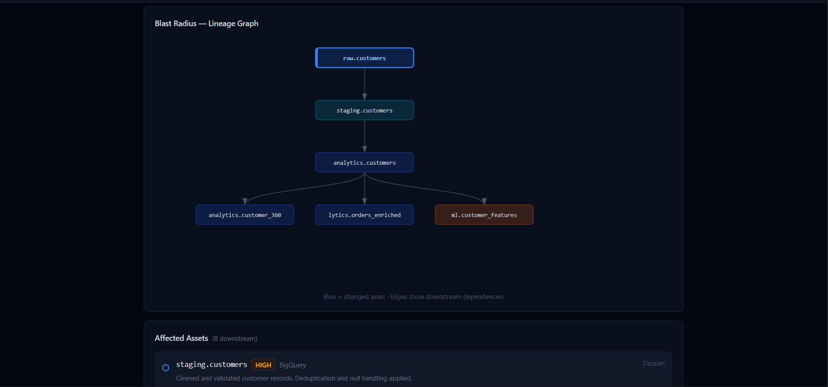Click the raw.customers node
click(364, 58)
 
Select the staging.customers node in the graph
click(364, 110)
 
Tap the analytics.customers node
click(364, 163)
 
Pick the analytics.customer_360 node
click(245, 215)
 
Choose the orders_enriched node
click(364, 215)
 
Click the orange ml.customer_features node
click(484, 215)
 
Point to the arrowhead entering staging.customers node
click(364, 97)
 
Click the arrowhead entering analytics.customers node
click(364, 149)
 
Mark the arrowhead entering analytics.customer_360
click(245, 201)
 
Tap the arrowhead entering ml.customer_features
click(484, 201)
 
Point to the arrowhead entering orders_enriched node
click(364, 201)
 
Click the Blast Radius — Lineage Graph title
click(206, 24)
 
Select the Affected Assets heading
click(182, 338)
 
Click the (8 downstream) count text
click(235, 339)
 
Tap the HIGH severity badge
click(263, 365)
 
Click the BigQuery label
click(293, 365)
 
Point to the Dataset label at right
click(654, 363)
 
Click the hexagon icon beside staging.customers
click(165, 368)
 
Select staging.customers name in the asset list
click(212, 364)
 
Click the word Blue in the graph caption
click(330, 297)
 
